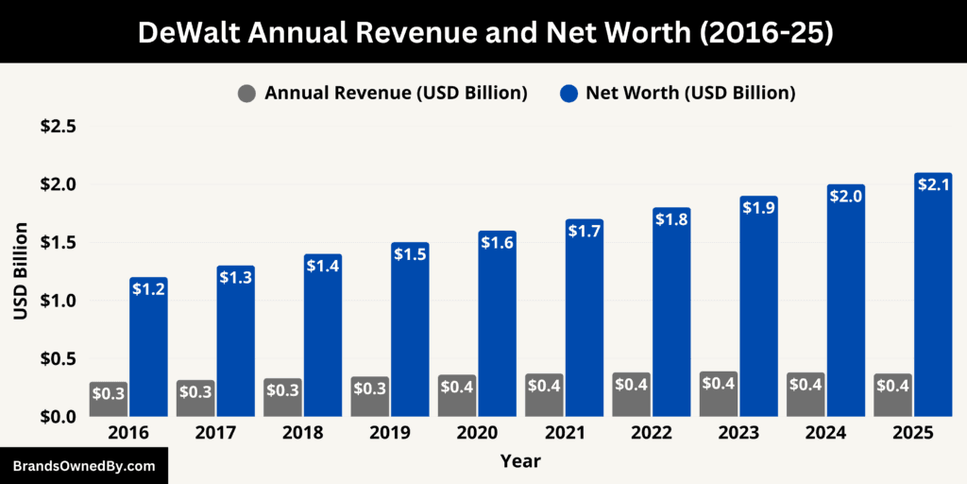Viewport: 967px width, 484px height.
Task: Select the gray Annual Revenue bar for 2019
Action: [x=369, y=397]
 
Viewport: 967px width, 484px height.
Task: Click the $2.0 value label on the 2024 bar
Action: [x=846, y=196]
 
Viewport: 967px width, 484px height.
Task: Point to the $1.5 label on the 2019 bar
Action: [x=410, y=254]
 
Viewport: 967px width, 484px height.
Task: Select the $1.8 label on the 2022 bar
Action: [x=671, y=219]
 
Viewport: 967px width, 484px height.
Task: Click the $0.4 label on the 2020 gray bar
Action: [x=456, y=386]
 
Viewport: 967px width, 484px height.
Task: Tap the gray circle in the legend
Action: [x=247, y=94]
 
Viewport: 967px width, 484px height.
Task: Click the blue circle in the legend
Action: [x=568, y=94]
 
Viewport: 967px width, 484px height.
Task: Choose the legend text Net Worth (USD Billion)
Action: [x=690, y=94]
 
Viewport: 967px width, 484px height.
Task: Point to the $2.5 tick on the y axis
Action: [x=58, y=126]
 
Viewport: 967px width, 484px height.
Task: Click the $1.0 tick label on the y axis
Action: [x=58, y=301]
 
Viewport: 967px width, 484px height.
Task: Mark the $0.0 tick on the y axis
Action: [x=58, y=417]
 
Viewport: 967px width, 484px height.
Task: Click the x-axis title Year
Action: [x=521, y=461]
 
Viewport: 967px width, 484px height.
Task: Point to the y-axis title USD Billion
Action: [x=21, y=271]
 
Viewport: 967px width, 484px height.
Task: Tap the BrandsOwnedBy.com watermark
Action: [x=83, y=466]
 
